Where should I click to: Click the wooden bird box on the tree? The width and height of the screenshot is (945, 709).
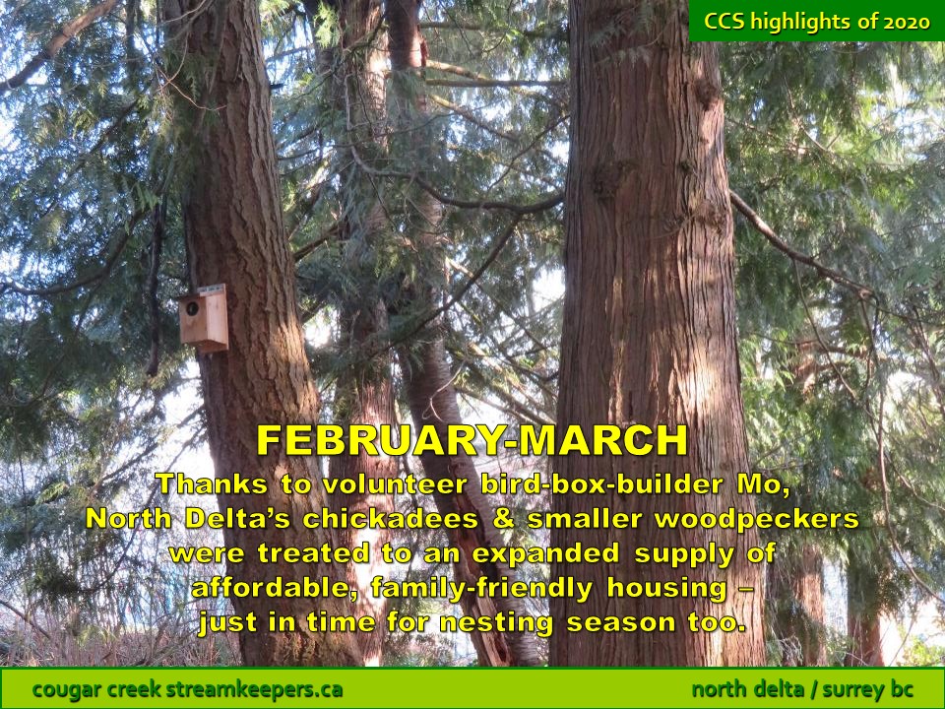pyautogui.click(x=203, y=318)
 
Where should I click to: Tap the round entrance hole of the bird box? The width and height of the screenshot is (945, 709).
pyautogui.click(x=192, y=308)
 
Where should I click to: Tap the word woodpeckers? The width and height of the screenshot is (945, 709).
pyautogui.click(x=757, y=520)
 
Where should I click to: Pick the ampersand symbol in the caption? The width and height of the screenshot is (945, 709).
pyautogui.click(x=503, y=519)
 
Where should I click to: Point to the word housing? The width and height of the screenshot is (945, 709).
pyautogui.click(x=666, y=588)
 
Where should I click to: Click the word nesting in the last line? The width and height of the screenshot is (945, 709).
pyautogui.click(x=496, y=622)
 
